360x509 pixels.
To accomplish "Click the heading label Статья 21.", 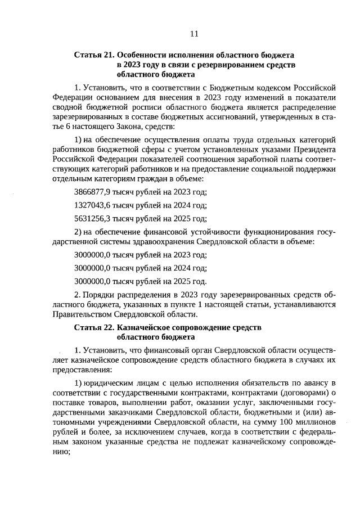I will pos(94,55).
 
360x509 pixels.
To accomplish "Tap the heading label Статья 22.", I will pos(94,327).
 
